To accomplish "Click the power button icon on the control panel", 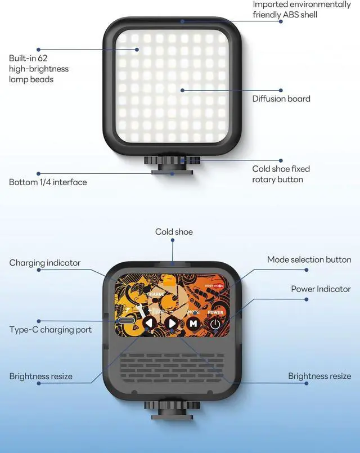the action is coord(215,324).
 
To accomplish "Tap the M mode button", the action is coord(193,324).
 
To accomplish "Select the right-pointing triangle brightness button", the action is coord(172,324).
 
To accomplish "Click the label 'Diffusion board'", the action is coord(281,99).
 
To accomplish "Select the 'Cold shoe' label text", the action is coord(174,232).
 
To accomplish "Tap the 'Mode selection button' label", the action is coord(309,259).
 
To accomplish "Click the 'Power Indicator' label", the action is coord(321,289).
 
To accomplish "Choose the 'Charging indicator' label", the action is coord(45,263).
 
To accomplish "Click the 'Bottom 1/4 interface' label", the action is coord(48,182).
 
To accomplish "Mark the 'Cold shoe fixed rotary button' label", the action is coord(281,174).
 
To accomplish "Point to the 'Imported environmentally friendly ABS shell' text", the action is coord(301,9).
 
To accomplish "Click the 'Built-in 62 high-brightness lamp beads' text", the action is coord(39,69).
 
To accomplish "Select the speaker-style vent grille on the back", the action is coord(172,369).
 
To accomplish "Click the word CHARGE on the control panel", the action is coord(156,294).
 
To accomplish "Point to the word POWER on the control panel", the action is coord(215,312).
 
